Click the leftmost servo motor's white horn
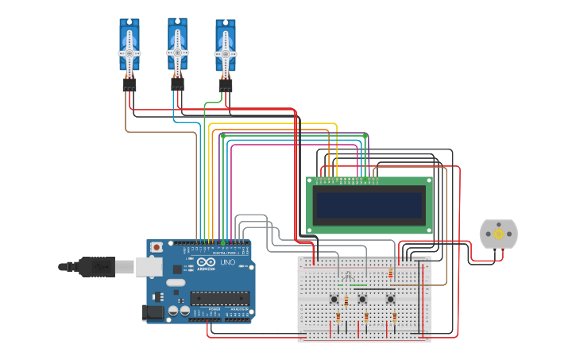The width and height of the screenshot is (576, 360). (x=130, y=52)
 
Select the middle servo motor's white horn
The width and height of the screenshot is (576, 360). (x=177, y=51)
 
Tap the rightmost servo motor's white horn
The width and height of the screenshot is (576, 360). (x=226, y=53)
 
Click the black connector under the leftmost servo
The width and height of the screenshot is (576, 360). (x=130, y=83)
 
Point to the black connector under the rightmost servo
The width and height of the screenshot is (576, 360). (x=226, y=84)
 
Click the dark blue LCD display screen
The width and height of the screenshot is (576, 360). (x=369, y=205)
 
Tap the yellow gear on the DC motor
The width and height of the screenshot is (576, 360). (x=499, y=234)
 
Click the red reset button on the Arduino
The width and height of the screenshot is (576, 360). (x=157, y=247)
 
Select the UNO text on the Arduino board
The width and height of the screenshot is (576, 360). (x=227, y=262)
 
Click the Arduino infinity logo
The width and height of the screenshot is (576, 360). (x=206, y=262)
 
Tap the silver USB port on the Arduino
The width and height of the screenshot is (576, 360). (x=149, y=266)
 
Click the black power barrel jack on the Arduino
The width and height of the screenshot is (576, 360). (x=154, y=312)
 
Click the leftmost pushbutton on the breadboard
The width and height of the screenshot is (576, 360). (x=334, y=300)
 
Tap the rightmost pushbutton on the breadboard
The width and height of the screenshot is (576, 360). (x=390, y=300)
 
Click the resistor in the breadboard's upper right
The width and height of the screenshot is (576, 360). (x=391, y=273)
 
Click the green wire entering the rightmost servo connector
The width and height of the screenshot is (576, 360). (x=208, y=103)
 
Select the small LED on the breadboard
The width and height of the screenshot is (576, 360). (x=348, y=276)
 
